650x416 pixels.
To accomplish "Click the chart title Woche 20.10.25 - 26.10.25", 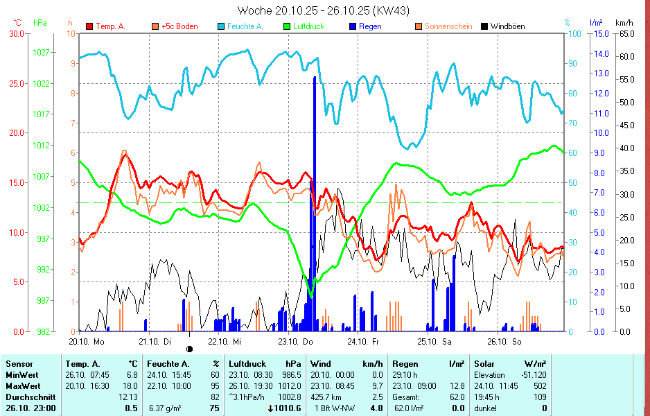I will (324, 10).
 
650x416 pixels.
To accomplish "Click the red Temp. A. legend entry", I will (105, 26).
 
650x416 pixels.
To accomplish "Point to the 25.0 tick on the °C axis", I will (15, 83).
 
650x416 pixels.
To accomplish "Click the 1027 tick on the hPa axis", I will (40, 52).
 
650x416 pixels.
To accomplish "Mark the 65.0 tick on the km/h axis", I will (624, 33).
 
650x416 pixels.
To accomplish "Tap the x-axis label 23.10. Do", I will (295, 341).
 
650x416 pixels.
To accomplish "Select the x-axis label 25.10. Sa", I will (434, 341).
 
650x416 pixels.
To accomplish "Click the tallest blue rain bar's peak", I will (315, 78).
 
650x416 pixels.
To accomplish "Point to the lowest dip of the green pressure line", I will (310, 295).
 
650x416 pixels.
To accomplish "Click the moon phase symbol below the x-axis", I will (189, 349).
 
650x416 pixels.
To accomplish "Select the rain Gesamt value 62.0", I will (457, 397).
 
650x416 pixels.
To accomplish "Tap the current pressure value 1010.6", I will (288, 408).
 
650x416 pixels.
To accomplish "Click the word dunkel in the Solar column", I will (486, 408).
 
